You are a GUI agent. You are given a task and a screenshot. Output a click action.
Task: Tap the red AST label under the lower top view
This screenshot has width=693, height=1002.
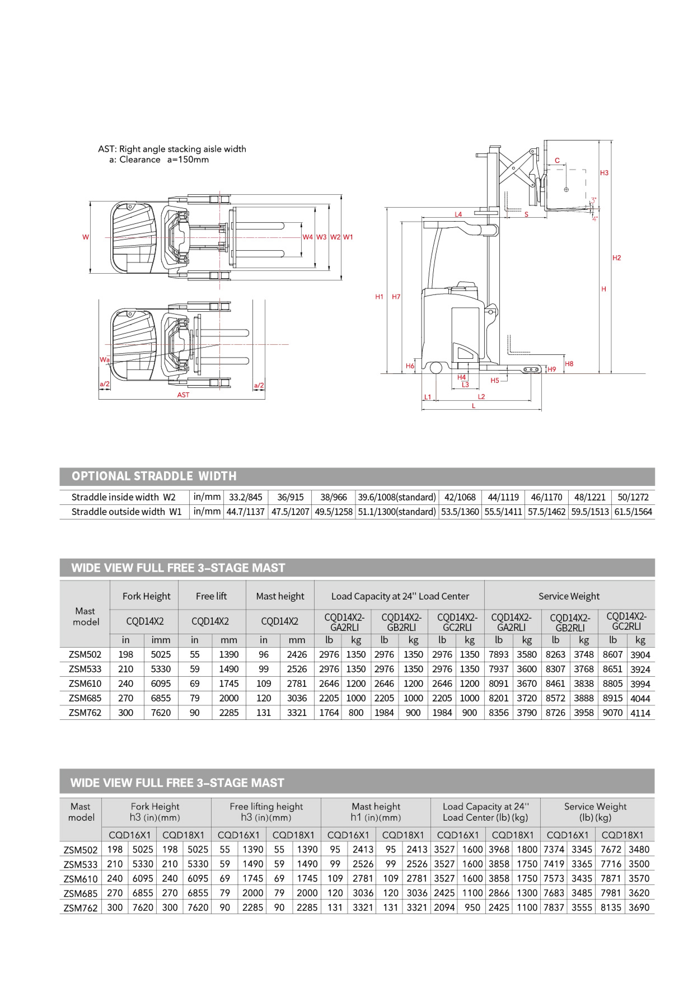[x=183, y=395]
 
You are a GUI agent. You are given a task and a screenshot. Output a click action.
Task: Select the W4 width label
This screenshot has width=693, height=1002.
[x=307, y=237]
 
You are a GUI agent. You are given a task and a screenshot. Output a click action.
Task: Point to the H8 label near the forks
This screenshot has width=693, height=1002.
[x=569, y=364]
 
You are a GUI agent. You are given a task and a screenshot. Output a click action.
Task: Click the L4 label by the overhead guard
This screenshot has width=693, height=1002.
[x=458, y=214]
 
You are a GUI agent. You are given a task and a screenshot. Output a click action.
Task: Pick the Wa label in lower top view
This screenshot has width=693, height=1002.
[x=104, y=359]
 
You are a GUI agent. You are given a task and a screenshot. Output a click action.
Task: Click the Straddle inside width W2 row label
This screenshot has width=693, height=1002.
[x=123, y=497]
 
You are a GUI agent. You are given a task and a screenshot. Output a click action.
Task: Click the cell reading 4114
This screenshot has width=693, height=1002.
[x=640, y=713]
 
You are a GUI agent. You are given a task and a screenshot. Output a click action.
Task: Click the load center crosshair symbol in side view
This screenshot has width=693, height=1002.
[x=566, y=190]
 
